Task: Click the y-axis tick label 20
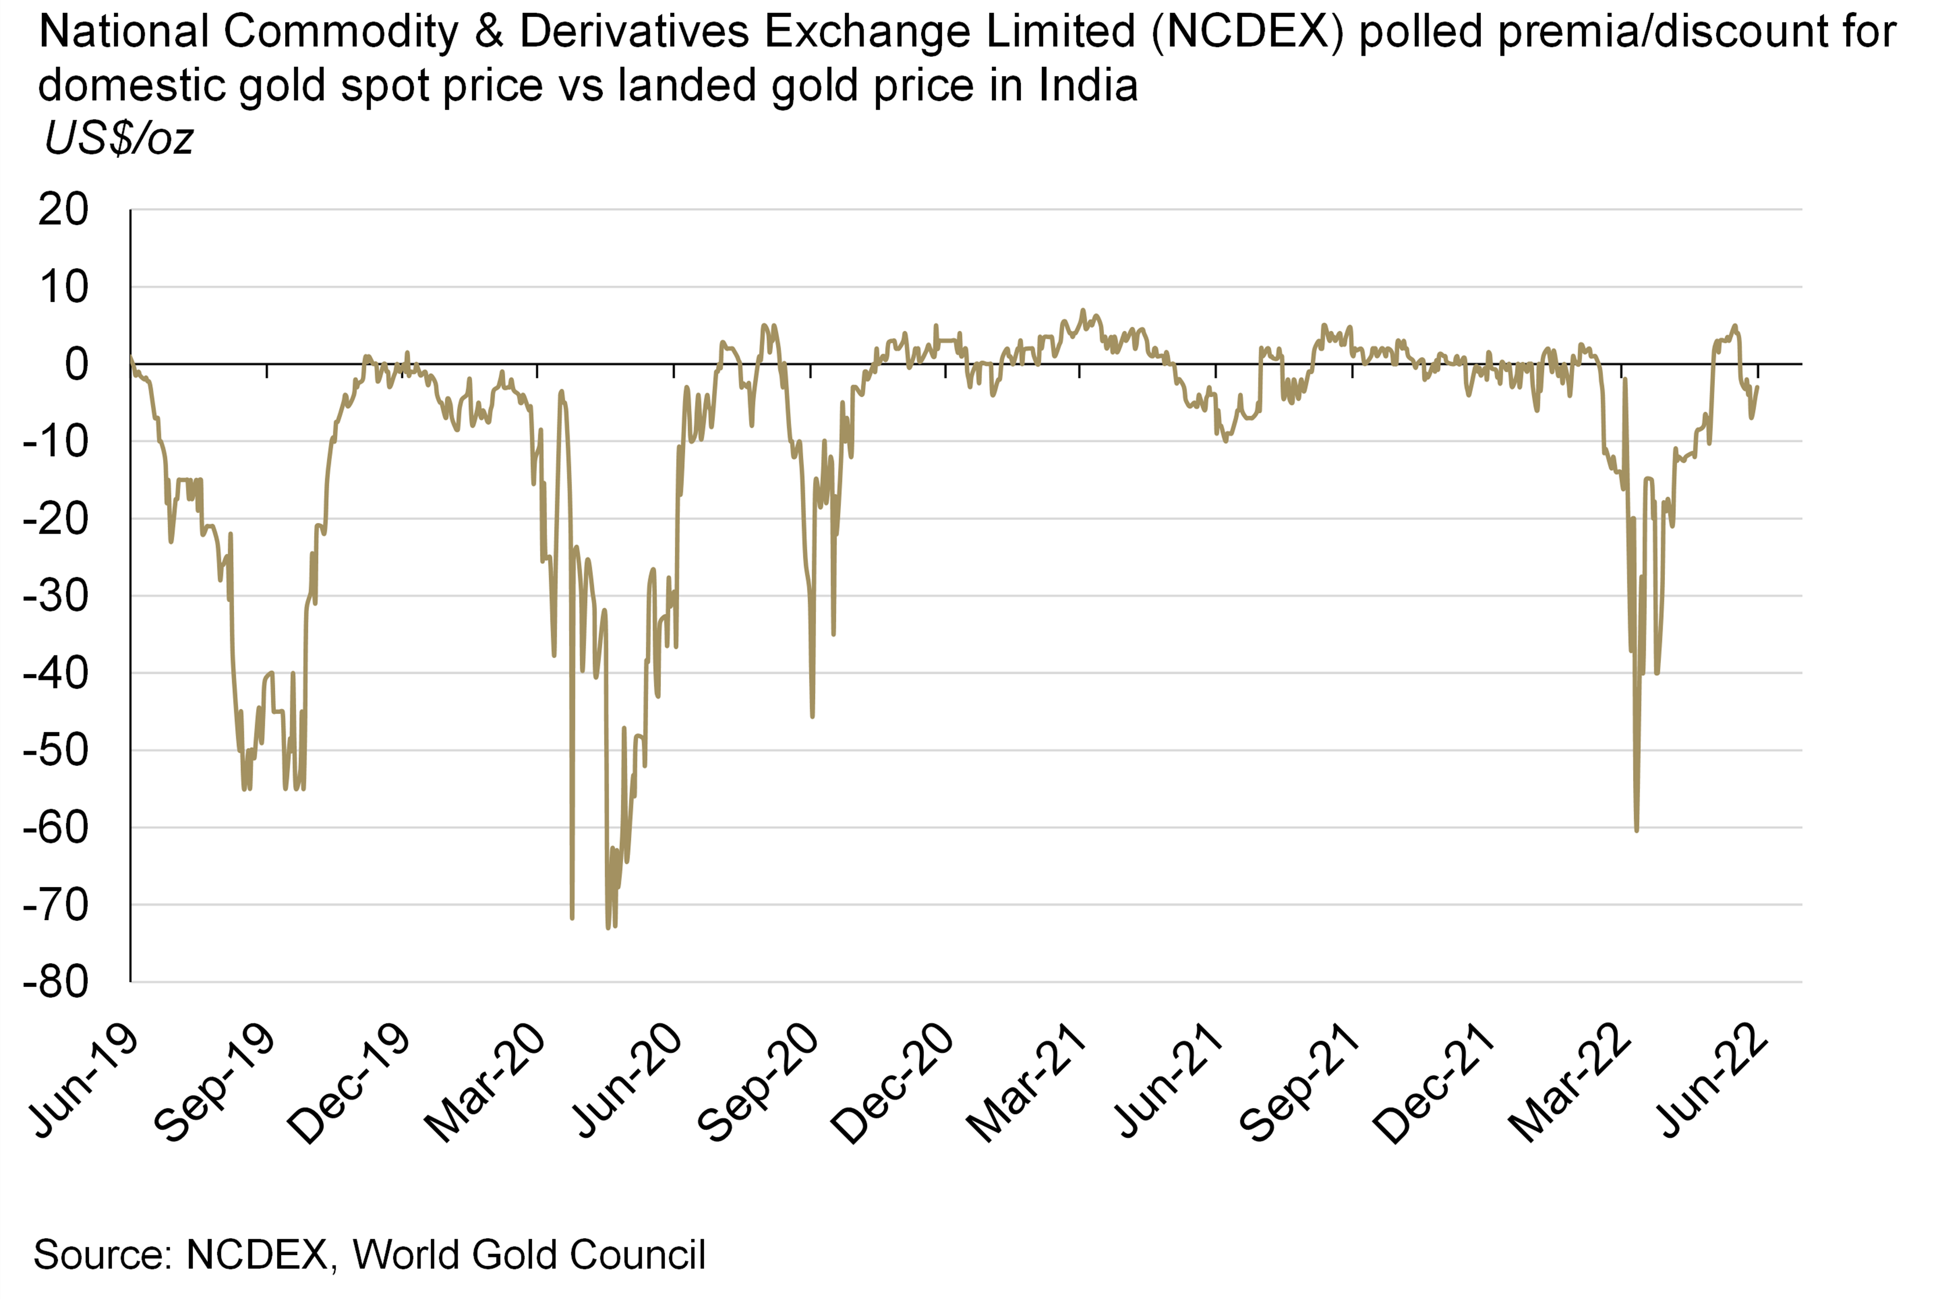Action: tap(63, 210)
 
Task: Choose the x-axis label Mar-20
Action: tap(485, 1083)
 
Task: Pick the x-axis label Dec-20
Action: tap(891, 1083)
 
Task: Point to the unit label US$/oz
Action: tap(118, 138)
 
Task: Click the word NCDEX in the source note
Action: tap(257, 1254)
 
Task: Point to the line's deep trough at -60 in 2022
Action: tap(1637, 830)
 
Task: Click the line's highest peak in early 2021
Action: tap(1082, 311)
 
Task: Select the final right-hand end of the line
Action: tap(1758, 387)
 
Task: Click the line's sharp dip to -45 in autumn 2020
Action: tap(812, 716)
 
